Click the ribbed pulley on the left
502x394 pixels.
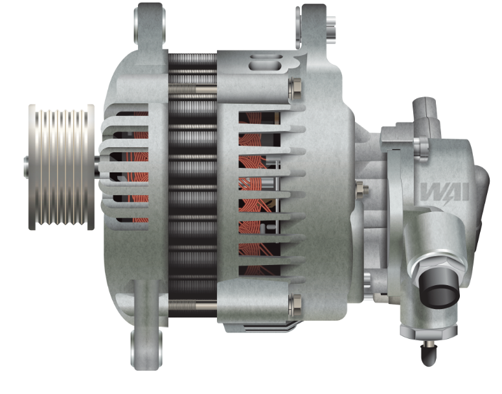[61, 167]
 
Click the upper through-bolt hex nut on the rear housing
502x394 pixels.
[295, 86]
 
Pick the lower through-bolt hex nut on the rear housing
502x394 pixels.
[295, 303]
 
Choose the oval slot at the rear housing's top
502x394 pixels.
[268, 64]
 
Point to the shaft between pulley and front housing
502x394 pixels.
[97, 167]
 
